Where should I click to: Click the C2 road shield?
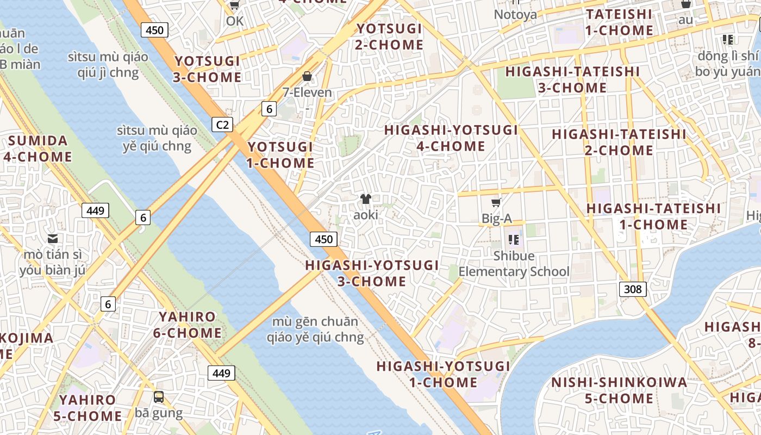click(x=222, y=125)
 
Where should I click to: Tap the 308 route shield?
click(x=633, y=289)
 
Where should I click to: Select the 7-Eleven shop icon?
click(x=307, y=77)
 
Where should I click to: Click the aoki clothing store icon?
click(x=365, y=200)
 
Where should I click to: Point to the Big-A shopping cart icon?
click(x=496, y=203)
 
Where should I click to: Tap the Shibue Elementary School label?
click(x=514, y=264)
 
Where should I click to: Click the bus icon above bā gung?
click(x=159, y=397)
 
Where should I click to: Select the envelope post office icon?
click(x=53, y=238)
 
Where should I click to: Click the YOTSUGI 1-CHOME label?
click(x=280, y=154)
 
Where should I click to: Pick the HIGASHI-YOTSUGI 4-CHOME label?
click(x=451, y=138)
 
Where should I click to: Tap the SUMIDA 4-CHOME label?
click(x=38, y=149)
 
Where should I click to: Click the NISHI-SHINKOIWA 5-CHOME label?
click(x=619, y=390)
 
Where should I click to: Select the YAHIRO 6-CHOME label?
click(x=187, y=325)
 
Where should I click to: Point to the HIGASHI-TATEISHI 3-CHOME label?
click(x=572, y=79)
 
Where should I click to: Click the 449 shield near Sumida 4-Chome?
click(x=95, y=210)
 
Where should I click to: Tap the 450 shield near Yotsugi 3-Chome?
click(x=154, y=30)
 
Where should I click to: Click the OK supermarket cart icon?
click(x=234, y=5)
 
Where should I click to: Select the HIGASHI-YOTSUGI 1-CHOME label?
click(x=443, y=374)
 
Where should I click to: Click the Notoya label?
click(x=515, y=15)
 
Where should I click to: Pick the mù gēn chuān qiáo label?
click(x=315, y=330)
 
